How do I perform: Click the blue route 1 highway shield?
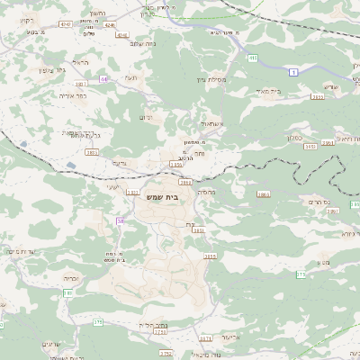pos(292,70)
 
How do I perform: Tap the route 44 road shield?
pos(103,79)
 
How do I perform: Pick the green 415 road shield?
pos(253,58)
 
